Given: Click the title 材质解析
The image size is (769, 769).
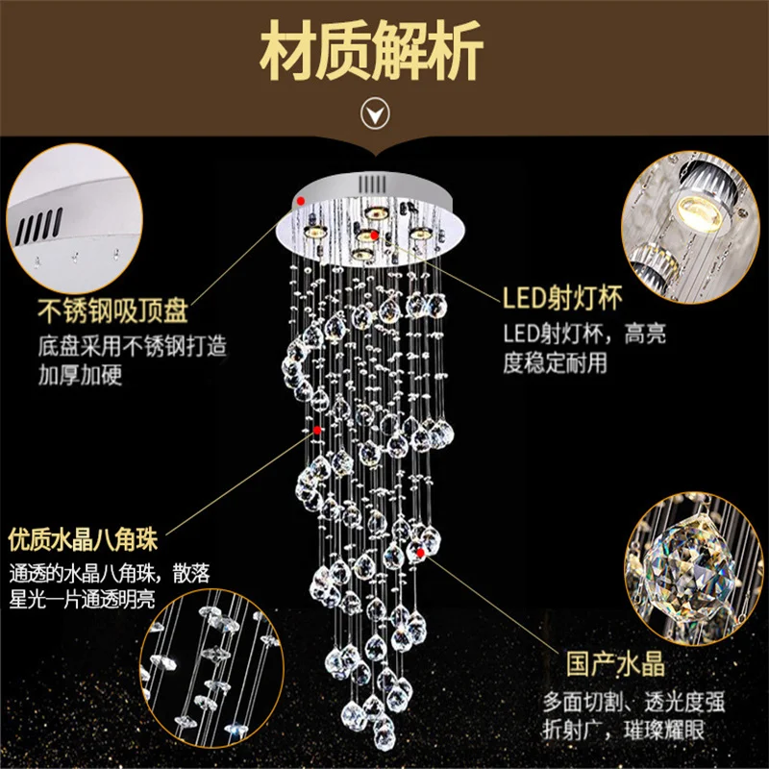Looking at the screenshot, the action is (x=384, y=55).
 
